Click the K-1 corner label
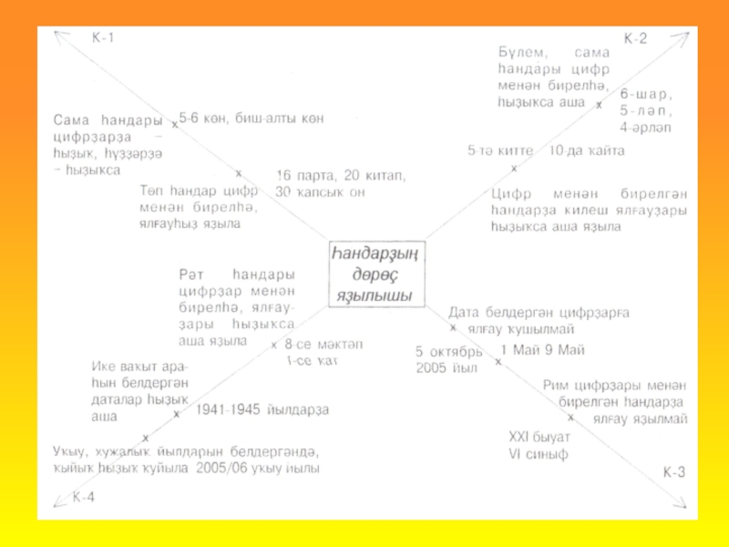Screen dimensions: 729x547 pyautogui.click(x=103, y=39)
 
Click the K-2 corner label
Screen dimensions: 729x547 pyautogui.click(x=635, y=39)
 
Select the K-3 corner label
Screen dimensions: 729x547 pyautogui.click(x=674, y=471)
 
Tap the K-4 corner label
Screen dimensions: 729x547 pyautogui.click(x=84, y=496)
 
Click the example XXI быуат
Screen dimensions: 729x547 pyautogui.click(x=539, y=437)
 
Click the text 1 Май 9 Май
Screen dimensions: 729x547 pyautogui.click(x=542, y=350)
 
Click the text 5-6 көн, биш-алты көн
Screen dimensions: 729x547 pyautogui.click(x=252, y=119)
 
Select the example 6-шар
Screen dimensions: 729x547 pyautogui.click(x=645, y=95)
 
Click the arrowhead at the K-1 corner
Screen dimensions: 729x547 pyautogui.click(x=59, y=35)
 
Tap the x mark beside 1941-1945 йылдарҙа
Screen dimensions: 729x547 pyautogui.click(x=177, y=413)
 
